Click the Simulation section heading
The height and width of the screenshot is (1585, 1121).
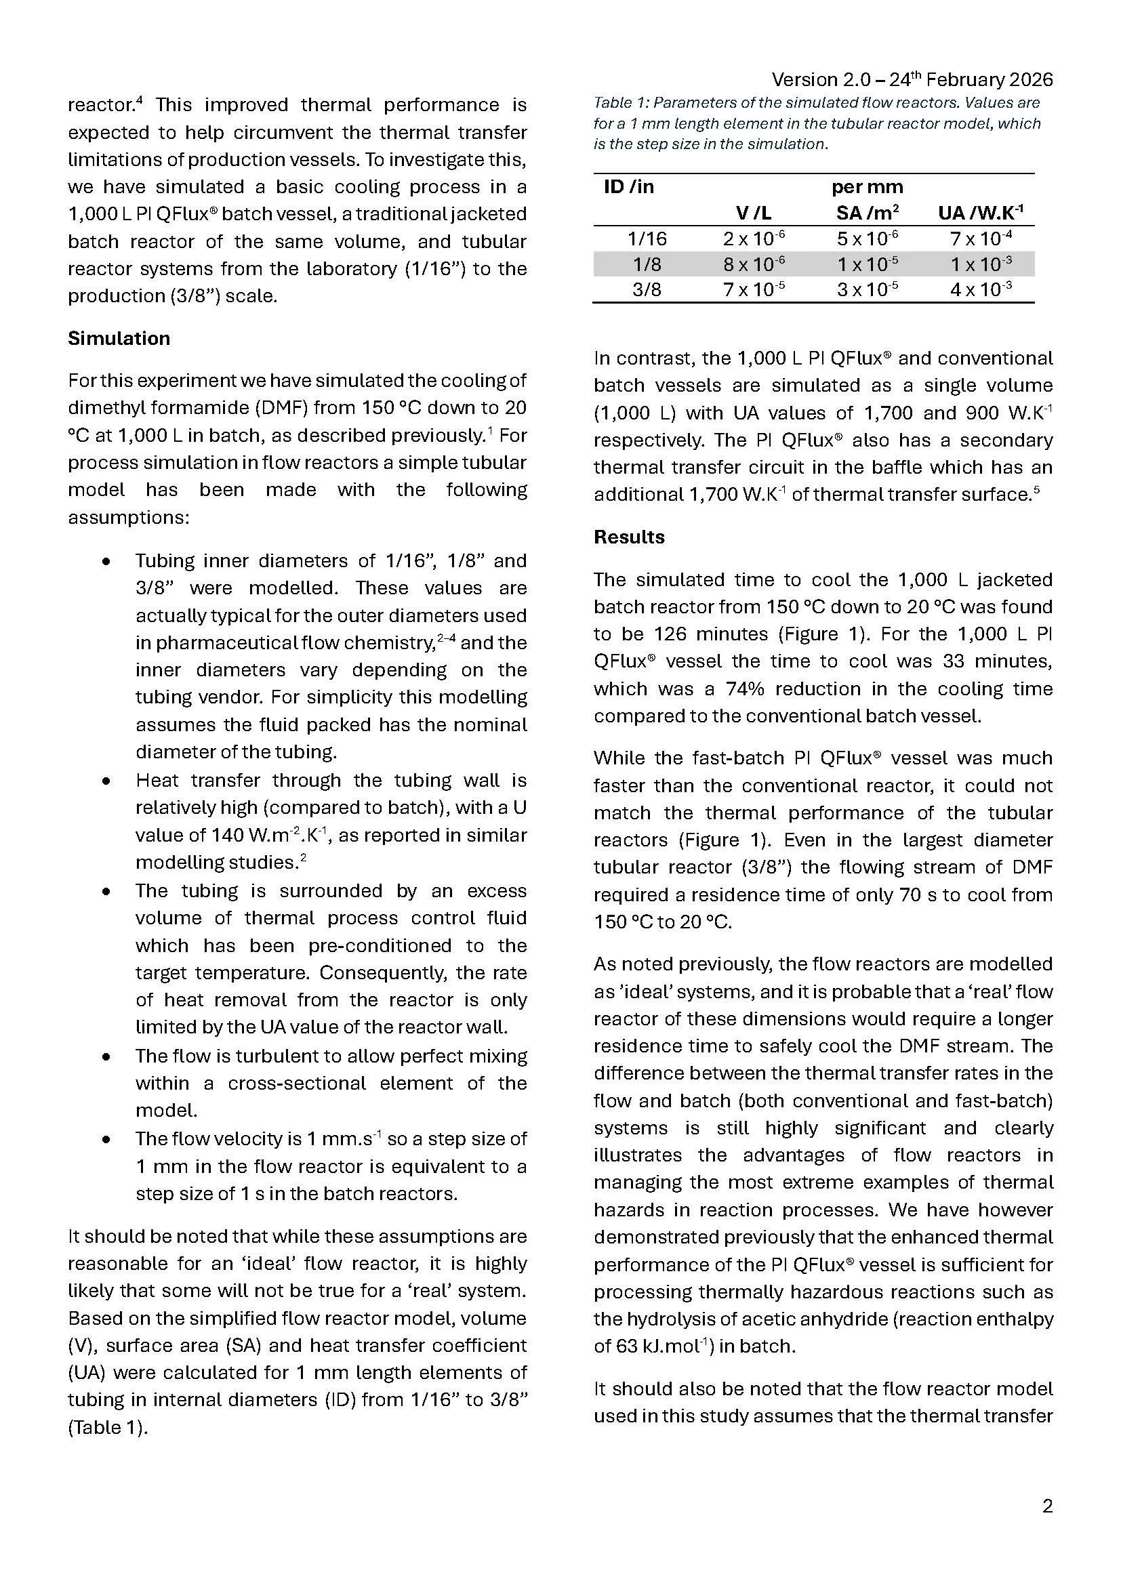click(x=119, y=338)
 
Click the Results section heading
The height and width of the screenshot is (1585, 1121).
click(x=629, y=537)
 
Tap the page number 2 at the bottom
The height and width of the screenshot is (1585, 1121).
click(x=1047, y=1506)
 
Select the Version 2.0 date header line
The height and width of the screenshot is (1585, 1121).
click(x=912, y=80)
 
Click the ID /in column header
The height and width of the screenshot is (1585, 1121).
click(x=628, y=187)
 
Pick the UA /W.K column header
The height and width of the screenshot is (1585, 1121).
click(x=981, y=213)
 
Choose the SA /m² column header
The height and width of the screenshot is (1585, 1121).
click(x=867, y=213)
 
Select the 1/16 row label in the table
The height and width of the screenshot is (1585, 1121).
click(x=647, y=239)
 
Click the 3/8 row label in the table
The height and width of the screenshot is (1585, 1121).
click(x=647, y=289)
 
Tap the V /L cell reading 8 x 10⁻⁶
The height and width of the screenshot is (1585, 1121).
click(x=754, y=264)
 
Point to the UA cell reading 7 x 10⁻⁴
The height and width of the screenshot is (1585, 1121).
click(x=981, y=239)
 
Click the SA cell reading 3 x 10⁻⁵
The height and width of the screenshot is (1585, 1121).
click(x=867, y=289)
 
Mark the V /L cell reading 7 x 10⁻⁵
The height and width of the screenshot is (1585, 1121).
click(x=754, y=289)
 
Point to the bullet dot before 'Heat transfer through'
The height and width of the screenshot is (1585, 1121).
click(x=106, y=781)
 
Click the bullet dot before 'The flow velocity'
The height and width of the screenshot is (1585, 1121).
click(x=106, y=1140)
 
